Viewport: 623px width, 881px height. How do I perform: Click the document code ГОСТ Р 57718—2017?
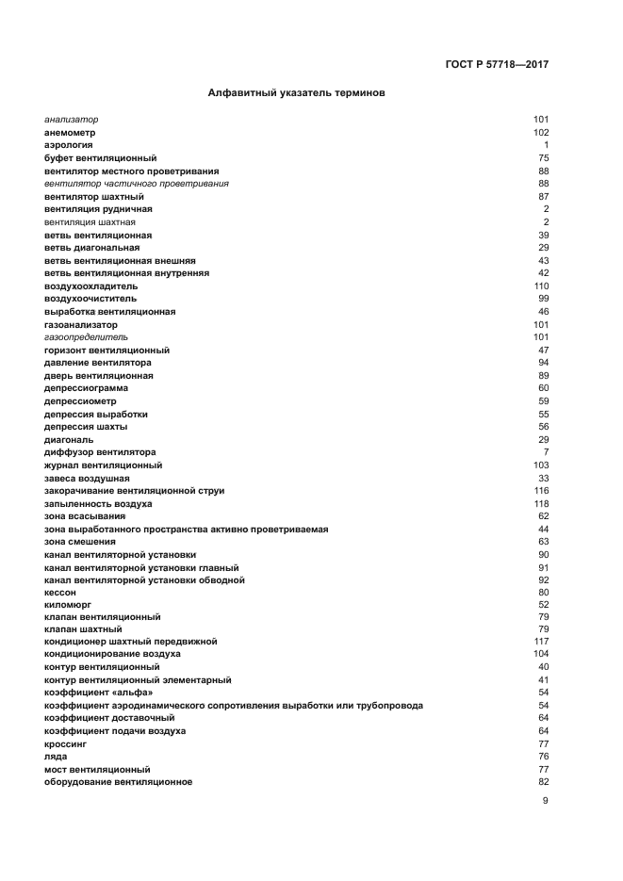pos(497,65)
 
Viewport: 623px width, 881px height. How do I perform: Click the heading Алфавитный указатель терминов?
pos(295,94)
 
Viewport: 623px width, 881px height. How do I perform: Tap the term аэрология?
pos(68,145)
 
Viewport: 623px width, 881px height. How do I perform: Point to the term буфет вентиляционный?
pos(100,158)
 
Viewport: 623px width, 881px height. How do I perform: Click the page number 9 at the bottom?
pos(545,801)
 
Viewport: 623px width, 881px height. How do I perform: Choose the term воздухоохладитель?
pos(91,286)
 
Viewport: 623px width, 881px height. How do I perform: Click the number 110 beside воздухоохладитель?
pos(541,286)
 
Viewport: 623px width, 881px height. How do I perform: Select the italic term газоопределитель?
pos(86,336)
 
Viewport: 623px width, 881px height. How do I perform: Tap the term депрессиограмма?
pos(87,388)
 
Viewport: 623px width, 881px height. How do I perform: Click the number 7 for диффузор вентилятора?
pos(546,452)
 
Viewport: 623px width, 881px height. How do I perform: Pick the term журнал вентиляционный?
pos(103,465)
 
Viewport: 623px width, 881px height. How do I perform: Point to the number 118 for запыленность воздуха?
pos(541,504)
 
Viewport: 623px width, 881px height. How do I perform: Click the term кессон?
pos(61,593)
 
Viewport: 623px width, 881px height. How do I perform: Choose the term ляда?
pos(56,757)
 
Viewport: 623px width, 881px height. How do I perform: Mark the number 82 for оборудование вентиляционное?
pos(543,782)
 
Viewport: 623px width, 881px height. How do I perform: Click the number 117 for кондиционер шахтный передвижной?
pos(541,641)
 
